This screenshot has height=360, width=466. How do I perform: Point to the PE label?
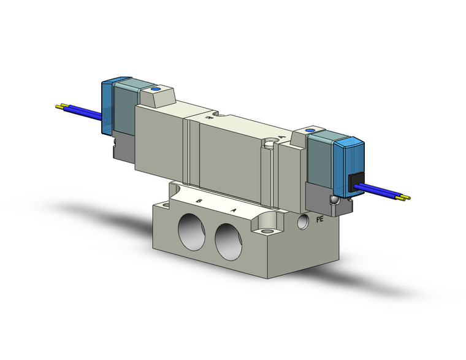click(319, 218)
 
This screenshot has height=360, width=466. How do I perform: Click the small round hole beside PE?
click(302, 220)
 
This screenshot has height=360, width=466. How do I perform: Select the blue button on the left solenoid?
click(155, 90)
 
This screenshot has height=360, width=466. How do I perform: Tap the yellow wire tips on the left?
click(60, 107)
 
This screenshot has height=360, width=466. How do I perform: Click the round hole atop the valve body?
click(270, 145)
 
